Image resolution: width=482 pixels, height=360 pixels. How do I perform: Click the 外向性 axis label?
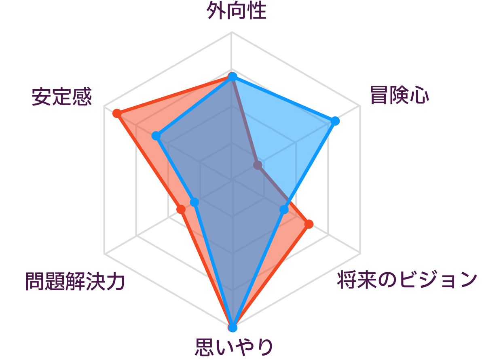(236, 11)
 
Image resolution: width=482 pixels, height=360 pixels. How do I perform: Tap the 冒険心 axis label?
(400, 95)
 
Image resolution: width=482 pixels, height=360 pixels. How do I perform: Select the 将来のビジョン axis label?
(407, 280)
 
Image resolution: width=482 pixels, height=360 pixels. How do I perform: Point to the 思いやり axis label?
(234, 347)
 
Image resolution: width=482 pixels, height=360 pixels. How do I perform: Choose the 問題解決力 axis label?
(75, 281)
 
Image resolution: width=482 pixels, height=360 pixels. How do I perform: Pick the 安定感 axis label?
(62, 97)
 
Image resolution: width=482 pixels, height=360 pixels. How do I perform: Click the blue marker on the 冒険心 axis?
(335, 121)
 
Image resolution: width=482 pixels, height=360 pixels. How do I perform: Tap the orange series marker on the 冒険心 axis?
(258, 165)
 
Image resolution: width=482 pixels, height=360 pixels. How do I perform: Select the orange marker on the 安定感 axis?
(116, 114)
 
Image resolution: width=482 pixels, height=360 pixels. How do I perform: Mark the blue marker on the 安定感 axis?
(156, 136)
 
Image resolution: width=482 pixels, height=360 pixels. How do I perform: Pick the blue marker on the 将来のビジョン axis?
(284, 210)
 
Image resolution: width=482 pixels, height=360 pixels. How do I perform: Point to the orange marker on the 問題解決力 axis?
(181, 209)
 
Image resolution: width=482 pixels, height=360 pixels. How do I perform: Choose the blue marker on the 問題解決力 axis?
(194, 202)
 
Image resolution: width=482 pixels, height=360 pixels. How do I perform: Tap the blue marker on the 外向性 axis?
(233, 76)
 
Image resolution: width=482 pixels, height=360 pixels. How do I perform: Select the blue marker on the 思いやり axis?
(233, 327)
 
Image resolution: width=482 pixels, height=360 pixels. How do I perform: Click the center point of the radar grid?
(233, 180)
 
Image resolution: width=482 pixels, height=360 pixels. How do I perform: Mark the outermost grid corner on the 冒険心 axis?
(360, 106)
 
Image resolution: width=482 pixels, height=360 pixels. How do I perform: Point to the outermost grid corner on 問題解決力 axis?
(104, 254)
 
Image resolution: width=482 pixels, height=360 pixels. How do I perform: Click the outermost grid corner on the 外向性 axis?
(233, 32)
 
